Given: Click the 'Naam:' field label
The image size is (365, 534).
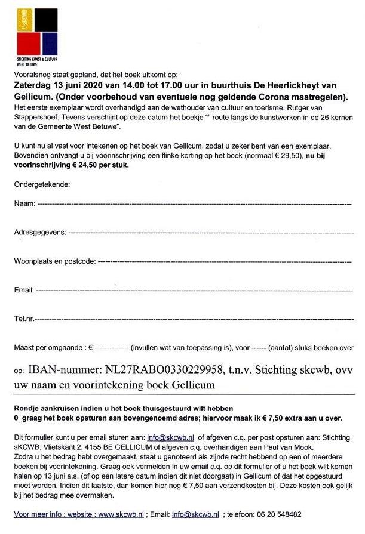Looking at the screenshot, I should click(x=23, y=204).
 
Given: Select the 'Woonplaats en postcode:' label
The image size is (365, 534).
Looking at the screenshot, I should click(x=54, y=261).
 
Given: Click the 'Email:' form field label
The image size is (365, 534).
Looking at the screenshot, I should click(x=23, y=290).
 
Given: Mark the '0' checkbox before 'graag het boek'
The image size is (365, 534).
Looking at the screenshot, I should click(x=16, y=417).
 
